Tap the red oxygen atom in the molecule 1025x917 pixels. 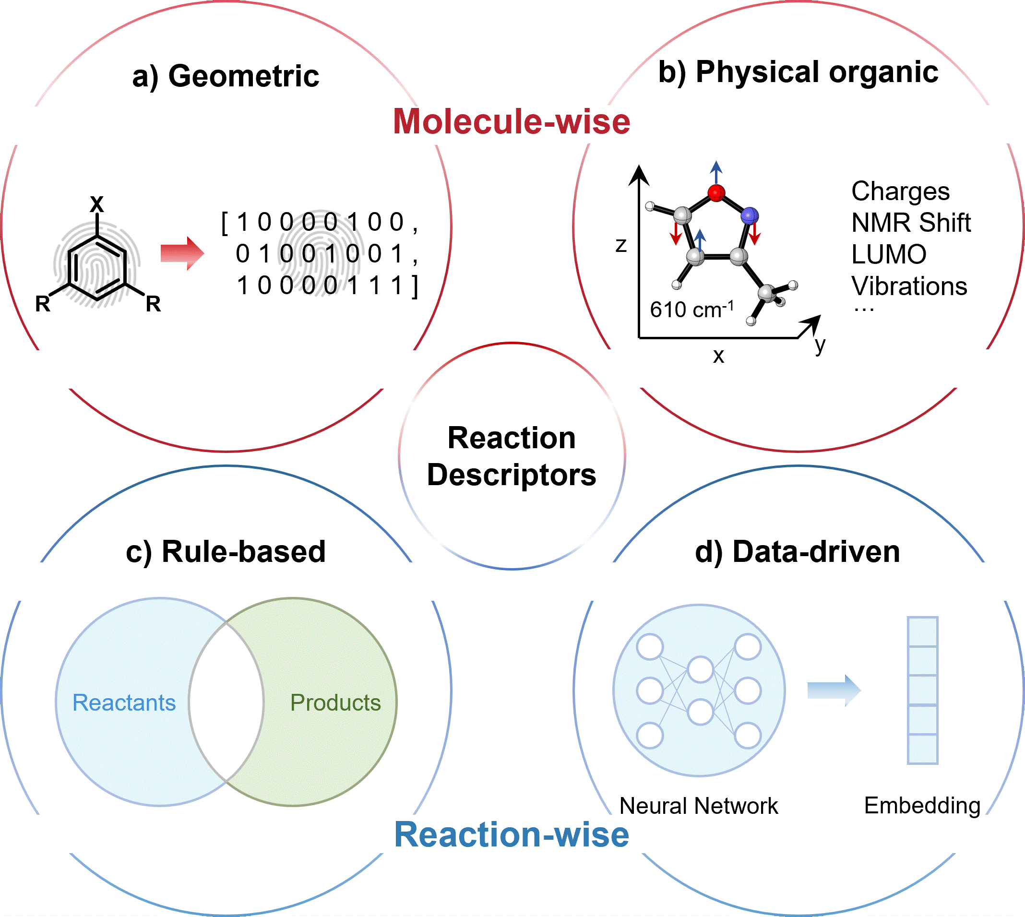(716, 192)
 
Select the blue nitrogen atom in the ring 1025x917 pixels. (750, 215)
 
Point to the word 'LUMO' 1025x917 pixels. (888, 254)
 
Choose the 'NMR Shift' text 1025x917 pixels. (911, 223)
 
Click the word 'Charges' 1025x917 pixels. (900, 191)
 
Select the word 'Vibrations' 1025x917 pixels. (909, 286)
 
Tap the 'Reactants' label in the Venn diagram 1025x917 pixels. (124, 703)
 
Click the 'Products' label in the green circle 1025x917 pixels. (335, 703)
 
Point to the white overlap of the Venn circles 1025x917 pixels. (226, 702)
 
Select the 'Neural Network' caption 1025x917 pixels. (699, 806)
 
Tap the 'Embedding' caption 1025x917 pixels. (922, 805)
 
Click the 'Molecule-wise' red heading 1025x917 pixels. (512, 122)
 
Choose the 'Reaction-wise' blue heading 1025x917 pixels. (512, 835)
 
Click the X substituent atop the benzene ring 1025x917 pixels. (97, 204)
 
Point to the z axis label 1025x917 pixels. (621, 245)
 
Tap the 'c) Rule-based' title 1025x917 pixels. (226, 551)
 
